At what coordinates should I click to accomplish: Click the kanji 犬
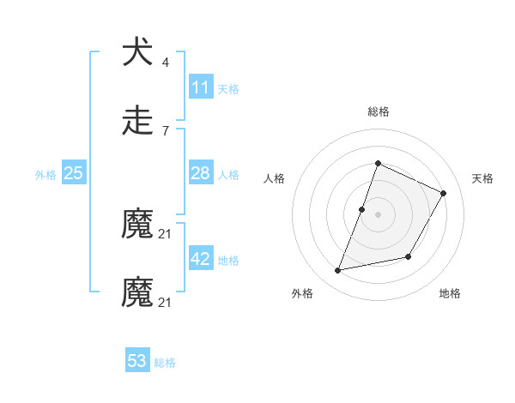pyautogui.click(x=137, y=52)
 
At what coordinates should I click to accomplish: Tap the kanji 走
pyautogui.click(x=137, y=121)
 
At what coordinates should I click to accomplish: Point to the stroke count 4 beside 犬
pyautogui.click(x=166, y=63)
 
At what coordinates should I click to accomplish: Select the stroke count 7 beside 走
pyautogui.click(x=166, y=131)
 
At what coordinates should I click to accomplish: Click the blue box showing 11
pyautogui.click(x=201, y=87)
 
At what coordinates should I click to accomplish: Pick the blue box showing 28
pyautogui.click(x=201, y=173)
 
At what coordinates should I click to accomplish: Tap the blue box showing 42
pyautogui.click(x=201, y=259)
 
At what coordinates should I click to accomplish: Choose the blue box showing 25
pyautogui.click(x=74, y=173)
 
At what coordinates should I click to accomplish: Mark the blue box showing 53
pyautogui.click(x=137, y=361)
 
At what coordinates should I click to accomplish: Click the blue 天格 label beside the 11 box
pyautogui.click(x=228, y=89)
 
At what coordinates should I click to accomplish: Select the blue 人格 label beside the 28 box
pyautogui.click(x=228, y=175)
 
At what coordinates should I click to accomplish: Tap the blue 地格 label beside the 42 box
pyautogui.click(x=228, y=261)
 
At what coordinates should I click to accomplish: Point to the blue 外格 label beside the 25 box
pyautogui.click(x=45, y=175)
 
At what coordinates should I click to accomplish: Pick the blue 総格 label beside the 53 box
pyautogui.click(x=165, y=363)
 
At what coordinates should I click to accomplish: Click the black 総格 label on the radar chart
pyautogui.click(x=378, y=111)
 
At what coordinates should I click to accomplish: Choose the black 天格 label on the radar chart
pyautogui.click(x=482, y=178)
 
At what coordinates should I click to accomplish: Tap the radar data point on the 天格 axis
pyautogui.click(x=444, y=193)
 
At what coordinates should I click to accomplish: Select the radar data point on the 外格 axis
pyautogui.click(x=338, y=271)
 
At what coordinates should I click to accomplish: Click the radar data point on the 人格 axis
pyautogui.click(x=362, y=209)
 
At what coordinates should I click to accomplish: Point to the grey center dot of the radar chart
pyautogui.click(x=378, y=214)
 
